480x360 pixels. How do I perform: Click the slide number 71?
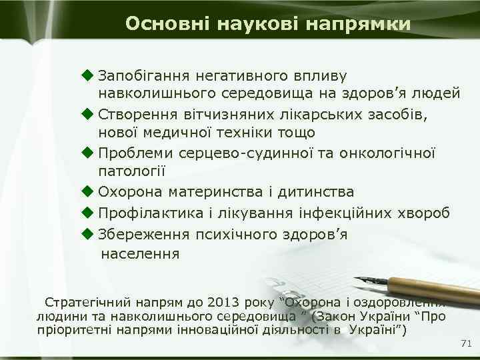coord(466,343)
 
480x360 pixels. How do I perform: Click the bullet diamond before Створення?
coord(87,114)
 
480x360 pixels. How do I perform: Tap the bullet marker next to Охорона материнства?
coord(87,192)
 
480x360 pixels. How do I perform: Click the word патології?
coord(132,171)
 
